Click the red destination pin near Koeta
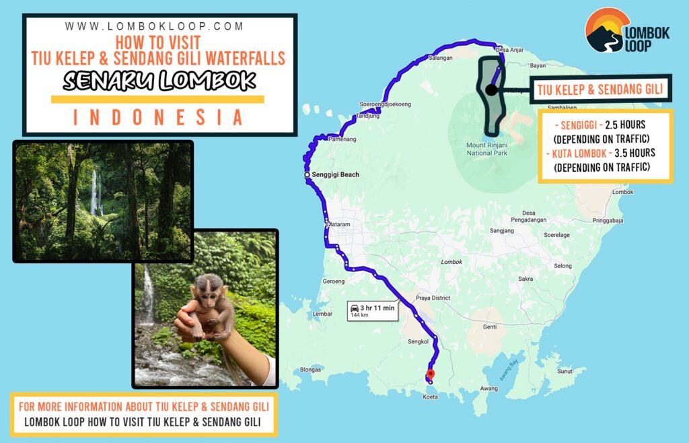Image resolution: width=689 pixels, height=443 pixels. [x=431, y=374]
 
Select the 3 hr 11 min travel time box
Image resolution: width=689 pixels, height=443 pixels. [x=371, y=310]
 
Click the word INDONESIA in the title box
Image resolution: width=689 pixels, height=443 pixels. [x=157, y=117]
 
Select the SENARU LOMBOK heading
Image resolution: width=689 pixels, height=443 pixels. [x=159, y=81]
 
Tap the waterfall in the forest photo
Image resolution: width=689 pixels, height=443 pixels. [x=94, y=192]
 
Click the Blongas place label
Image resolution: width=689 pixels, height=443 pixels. [x=311, y=369]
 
